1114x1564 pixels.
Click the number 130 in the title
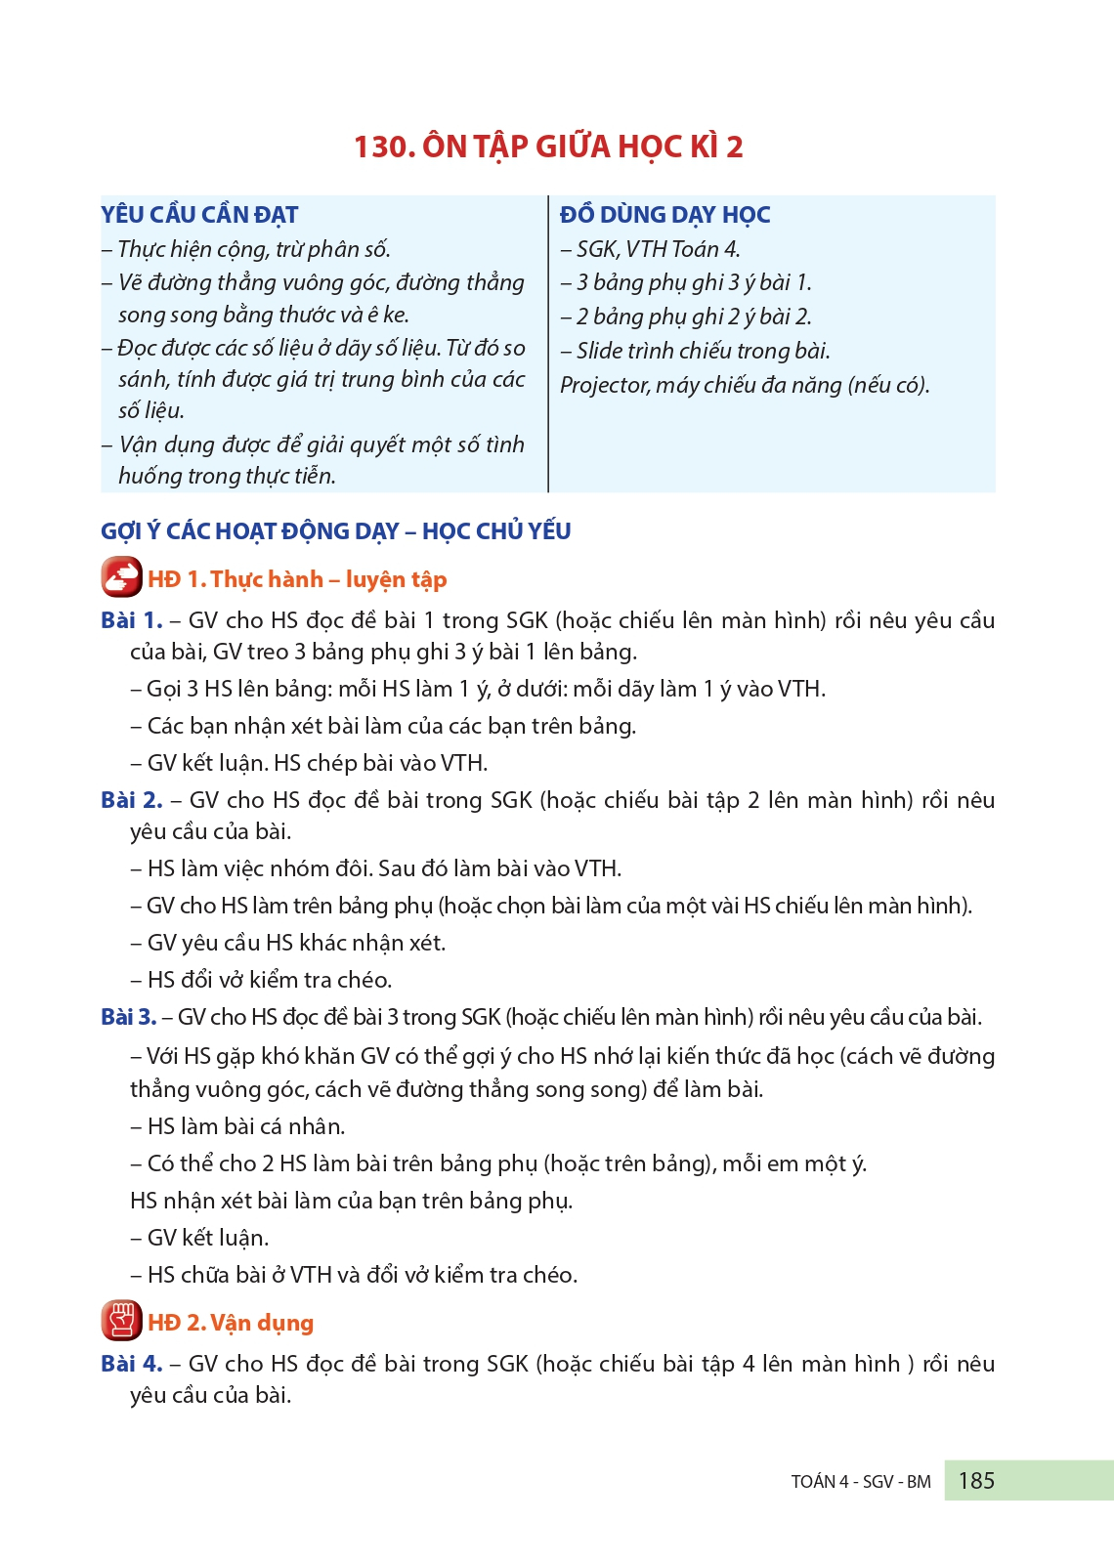[383, 147]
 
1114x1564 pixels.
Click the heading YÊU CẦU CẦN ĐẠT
[199, 215]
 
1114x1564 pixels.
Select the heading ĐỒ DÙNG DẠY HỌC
[664, 215]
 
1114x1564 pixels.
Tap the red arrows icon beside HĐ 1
[121, 577]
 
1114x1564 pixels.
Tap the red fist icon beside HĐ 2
[121, 1321]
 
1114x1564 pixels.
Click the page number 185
[976, 1480]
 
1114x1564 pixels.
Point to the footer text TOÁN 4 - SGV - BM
[861, 1482]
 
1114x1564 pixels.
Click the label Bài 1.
[131, 620]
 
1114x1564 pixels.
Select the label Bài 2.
[131, 800]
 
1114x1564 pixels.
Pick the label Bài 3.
[128, 1017]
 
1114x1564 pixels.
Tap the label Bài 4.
[131, 1364]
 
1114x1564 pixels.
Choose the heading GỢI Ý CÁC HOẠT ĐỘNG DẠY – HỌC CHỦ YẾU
[335, 531]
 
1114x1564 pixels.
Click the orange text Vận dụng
[262, 1323]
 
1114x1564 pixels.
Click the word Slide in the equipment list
[598, 351]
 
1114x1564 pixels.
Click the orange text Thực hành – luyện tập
[328, 579]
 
